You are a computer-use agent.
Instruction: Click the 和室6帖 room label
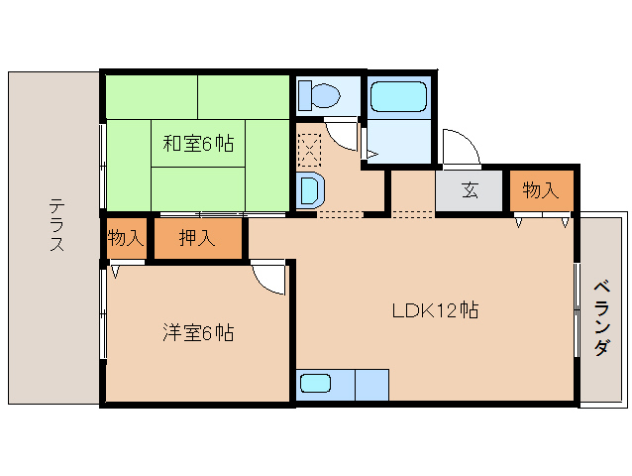198,144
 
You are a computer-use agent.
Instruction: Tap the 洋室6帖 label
198,333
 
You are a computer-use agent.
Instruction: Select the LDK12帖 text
435,310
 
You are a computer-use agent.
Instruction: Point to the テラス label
56,226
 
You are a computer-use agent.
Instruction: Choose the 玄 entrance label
470,190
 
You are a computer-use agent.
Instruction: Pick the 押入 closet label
197,238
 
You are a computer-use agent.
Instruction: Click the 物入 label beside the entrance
541,190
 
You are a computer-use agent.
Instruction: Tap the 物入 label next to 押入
126,238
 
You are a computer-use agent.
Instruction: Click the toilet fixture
319,96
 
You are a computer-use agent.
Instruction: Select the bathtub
398,97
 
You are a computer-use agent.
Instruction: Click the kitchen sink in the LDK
316,384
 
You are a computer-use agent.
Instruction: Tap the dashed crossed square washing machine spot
309,152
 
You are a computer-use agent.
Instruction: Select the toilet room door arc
342,131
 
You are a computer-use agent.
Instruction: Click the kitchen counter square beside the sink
371,384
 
